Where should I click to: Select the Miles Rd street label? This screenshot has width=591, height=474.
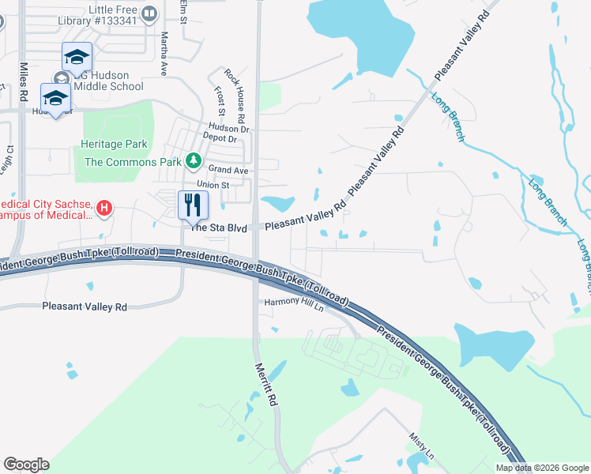tap(23, 81)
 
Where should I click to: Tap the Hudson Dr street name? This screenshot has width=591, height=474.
tap(228, 128)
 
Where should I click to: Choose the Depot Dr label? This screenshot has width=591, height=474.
tap(220, 139)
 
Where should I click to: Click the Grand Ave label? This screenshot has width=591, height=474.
tap(228, 170)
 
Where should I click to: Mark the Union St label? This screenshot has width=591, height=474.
tap(213, 185)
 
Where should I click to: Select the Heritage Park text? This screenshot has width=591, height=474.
tap(114, 145)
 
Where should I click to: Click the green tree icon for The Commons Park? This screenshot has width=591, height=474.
tap(194, 162)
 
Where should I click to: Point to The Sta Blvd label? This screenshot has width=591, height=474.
tap(216, 228)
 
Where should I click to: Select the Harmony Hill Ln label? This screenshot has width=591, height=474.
tap(294, 301)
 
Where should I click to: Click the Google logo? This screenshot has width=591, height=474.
tap(26, 465)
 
